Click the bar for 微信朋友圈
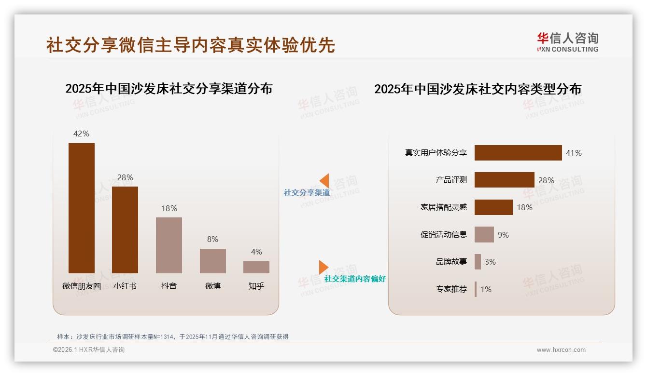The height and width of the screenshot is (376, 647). (x=82, y=208)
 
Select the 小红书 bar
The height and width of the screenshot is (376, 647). (x=125, y=229)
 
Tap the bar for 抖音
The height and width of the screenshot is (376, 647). (x=169, y=245)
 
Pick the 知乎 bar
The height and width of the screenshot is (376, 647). (x=256, y=267)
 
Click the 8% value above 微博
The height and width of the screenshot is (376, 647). (x=212, y=239)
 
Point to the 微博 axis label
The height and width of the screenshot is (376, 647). (x=212, y=286)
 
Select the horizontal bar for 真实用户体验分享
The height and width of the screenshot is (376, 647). (x=518, y=153)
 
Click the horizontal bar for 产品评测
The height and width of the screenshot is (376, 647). (x=504, y=180)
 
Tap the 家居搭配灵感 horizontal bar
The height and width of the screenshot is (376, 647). (x=493, y=207)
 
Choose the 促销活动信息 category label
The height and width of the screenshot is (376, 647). (x=443, y=235)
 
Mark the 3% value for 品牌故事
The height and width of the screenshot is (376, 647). (x=490, y=262)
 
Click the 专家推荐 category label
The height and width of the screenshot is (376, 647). (x=451, y=289)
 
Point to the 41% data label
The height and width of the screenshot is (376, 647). (x=574, y=153)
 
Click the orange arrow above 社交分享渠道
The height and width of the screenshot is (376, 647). (x=324, y=181)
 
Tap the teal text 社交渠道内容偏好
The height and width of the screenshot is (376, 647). (x=355, y=279)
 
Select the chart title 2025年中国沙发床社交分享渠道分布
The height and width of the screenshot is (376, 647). (x=169, y=89)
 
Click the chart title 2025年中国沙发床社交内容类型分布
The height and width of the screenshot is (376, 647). (x=478, y=89)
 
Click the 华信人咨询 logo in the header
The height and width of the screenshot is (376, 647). (x=567, y=42)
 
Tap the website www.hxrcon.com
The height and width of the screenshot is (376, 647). (x=561, y=350)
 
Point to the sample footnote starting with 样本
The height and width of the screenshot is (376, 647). (x=172, y=336)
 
